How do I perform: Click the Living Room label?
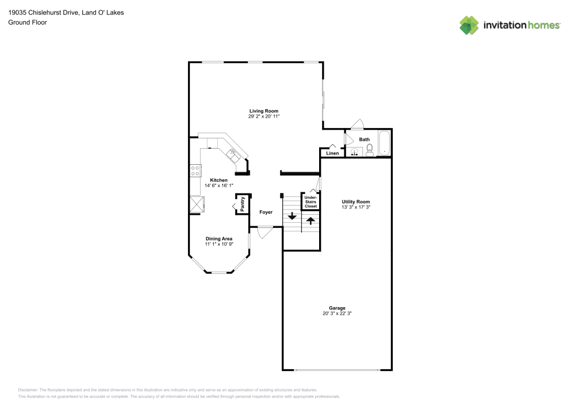(x=263, y=111)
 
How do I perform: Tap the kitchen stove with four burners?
(x=195, y=169)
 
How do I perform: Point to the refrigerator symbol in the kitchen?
(x=195, y=204)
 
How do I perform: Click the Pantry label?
(x=243, y=204)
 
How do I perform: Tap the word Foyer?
(x=266, y=212)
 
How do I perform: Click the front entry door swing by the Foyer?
(x=264, y=233)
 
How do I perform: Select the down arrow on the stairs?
(x=292, y=216)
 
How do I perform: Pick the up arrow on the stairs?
(x=310, y=220)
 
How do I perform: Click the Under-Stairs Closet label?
(x=310, y=202)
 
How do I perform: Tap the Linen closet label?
(x=332, y=153)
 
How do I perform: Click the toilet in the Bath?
(x=370, y=150)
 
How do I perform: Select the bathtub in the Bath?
(x=384, y=144)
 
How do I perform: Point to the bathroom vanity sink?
(x=354, y=152)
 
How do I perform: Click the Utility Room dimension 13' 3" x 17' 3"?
(x=355, y=207)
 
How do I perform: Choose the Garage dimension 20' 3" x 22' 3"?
(x=337, y=314)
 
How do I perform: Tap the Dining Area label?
(x=218, y=238)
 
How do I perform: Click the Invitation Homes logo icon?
(x=469, y=25)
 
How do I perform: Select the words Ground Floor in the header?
(x=27, y=22)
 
